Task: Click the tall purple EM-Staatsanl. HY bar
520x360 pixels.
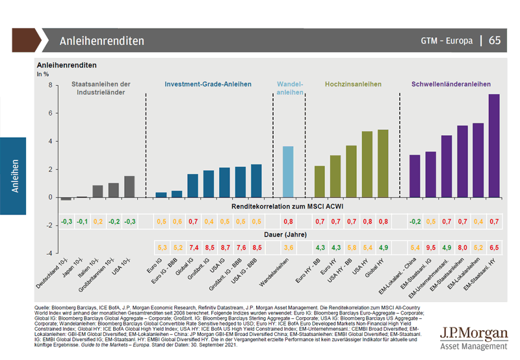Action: tap(493, 146)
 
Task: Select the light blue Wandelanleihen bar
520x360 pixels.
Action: tap(288, 172)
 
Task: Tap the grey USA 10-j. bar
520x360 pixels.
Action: tap(129, 186)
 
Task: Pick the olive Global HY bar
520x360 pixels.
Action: tap(383, 163)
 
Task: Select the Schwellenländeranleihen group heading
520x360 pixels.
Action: tap(451, 84)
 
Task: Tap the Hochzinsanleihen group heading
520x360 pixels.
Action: tap(353, 84)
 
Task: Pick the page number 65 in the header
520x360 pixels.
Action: tap(495, 40)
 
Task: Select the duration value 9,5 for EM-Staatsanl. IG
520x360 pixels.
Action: tap(430, 248)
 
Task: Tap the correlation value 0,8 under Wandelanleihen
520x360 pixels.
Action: tap(288, 222)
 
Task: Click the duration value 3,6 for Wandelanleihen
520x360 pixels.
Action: tap(288, 248)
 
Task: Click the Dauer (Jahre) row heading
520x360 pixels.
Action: tap(285, 234)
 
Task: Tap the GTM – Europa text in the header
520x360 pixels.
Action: tap(447, 40)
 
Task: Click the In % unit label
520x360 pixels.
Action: tap(43, 75)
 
